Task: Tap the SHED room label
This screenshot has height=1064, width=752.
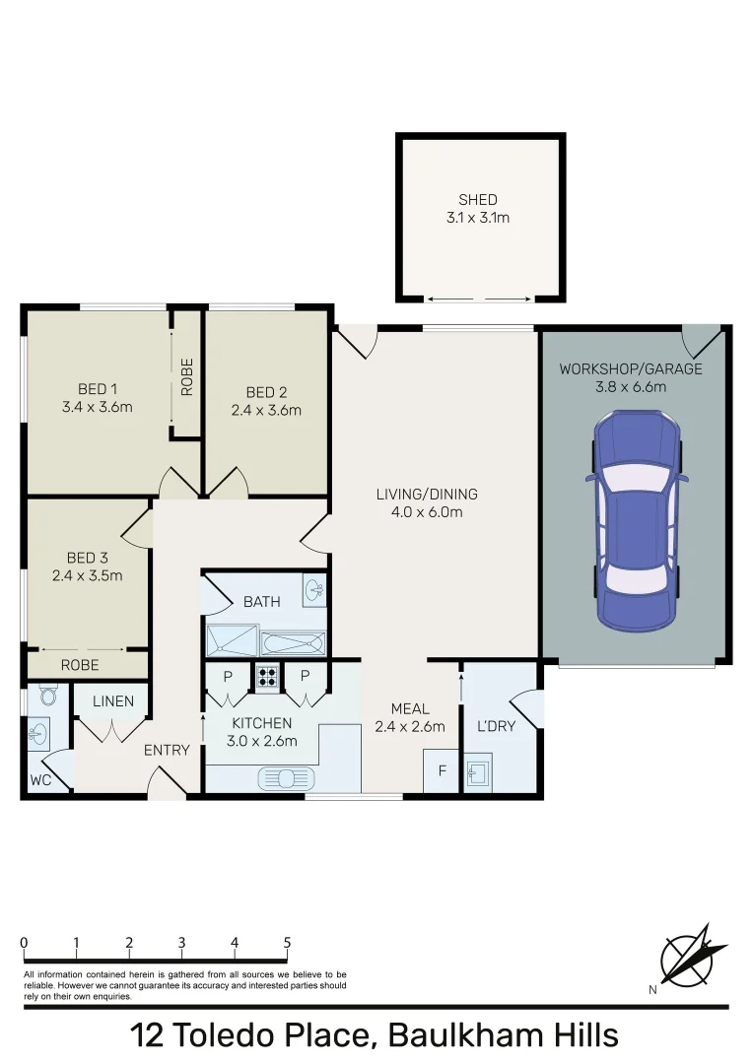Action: coord(478,200)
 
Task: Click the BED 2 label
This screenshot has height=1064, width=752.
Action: coord(266,391)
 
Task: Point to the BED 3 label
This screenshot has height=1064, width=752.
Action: coord(87,558)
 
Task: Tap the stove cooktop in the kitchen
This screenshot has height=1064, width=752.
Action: coord(267,677)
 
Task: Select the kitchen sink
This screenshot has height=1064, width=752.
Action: coord(284,778)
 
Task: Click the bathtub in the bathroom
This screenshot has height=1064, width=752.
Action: coord(293,644)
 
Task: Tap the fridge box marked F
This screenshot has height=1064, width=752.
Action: coord(441,770)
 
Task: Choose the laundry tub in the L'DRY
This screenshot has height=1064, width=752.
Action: coord(480,772)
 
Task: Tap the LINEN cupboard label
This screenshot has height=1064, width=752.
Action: coord(112,701)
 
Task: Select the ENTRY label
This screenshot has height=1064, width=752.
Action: coord(167,750)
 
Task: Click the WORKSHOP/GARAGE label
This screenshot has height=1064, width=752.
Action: coord(631,369)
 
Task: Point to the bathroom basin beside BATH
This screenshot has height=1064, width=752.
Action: coord(314,591)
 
